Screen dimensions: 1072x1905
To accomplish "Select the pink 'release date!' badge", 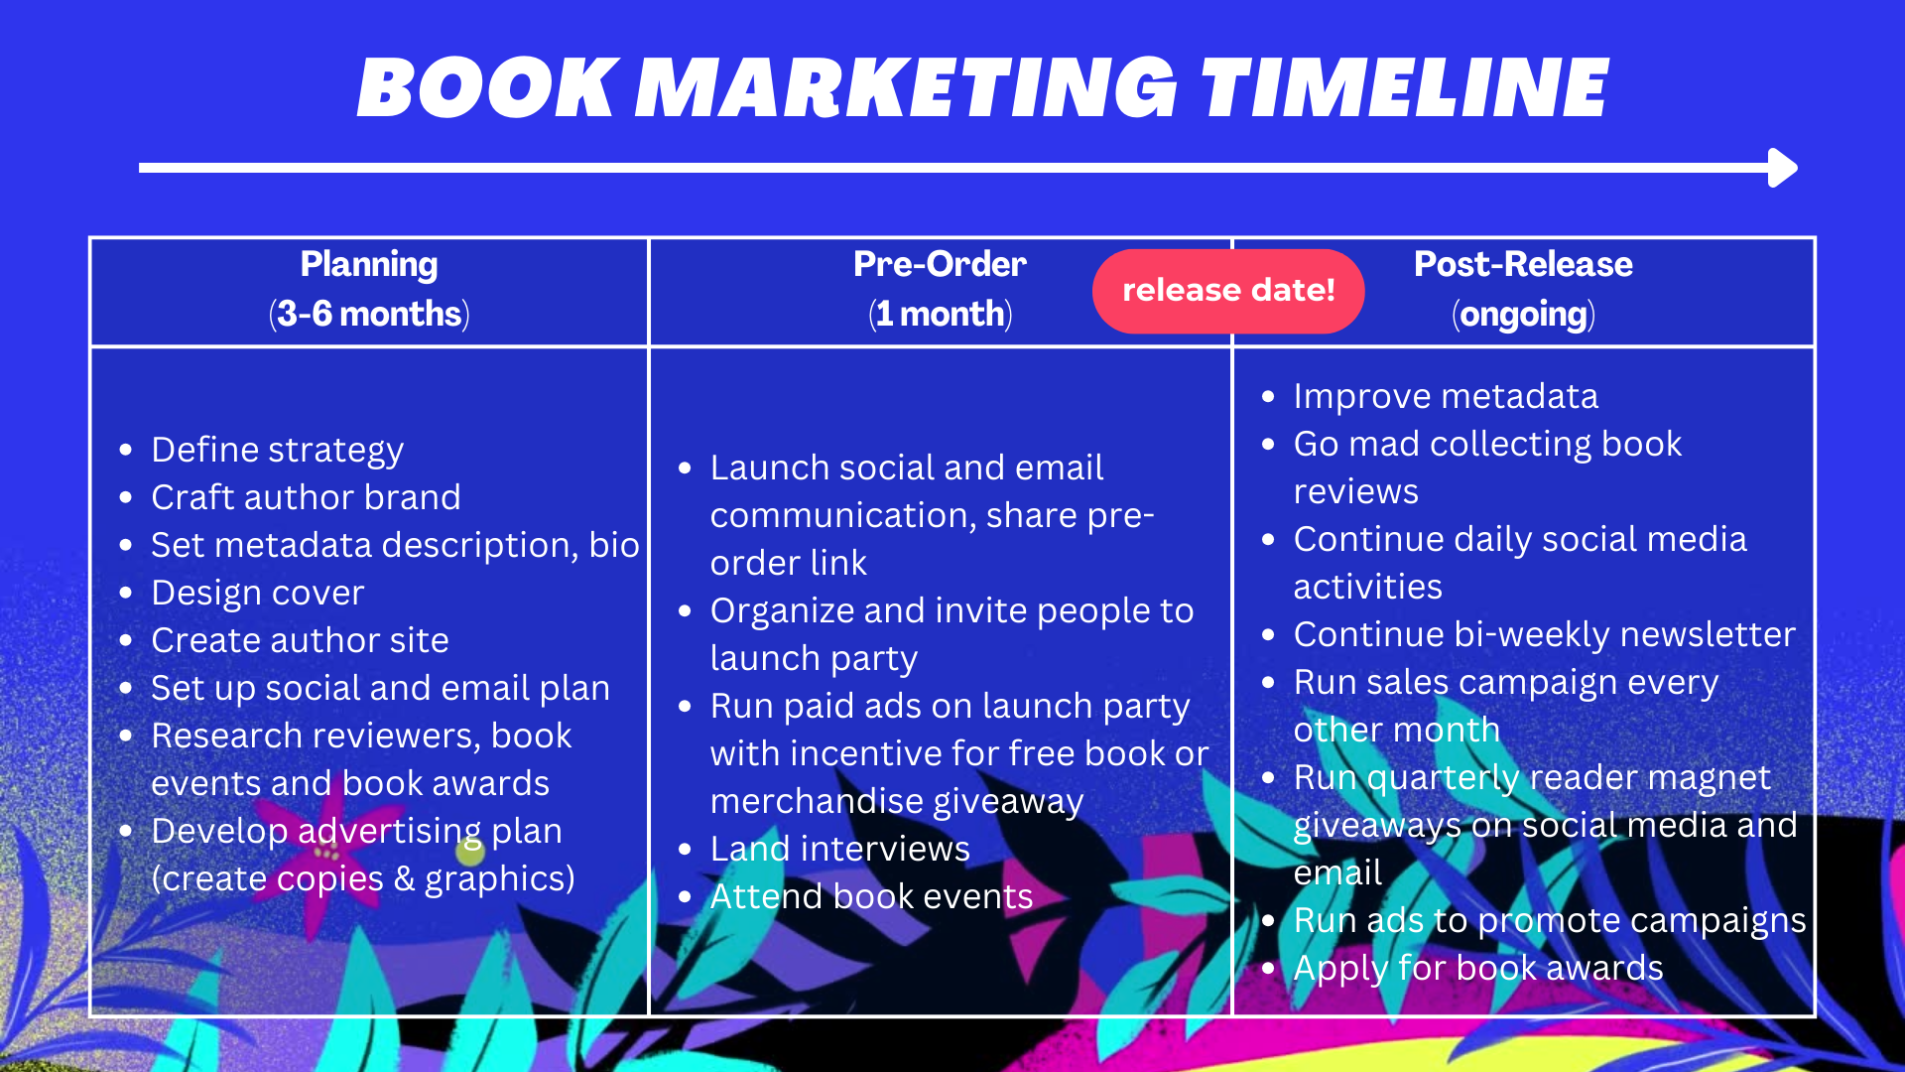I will pyautogui.click(x=1228, y=291).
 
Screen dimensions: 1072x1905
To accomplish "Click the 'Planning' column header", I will pyautogui.click(x=369, y=265).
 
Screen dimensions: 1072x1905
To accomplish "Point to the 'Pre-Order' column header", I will pyautogui.click(x=940, y=265).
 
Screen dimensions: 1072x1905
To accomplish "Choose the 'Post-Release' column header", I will pyautogui.click(x=1523, y=265).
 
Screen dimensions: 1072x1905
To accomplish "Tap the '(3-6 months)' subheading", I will pyautogui.click(x=369, y=315).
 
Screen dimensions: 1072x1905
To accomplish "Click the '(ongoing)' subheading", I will pyautogui.click(x=1523, y=315).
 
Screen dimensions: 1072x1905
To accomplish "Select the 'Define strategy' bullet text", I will pyautogui.click(x=278, y=451).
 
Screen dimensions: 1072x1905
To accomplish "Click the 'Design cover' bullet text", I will pyautogui.click(x=258, y=594).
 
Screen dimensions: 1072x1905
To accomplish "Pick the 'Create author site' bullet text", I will pyautogui.click(x=300, y=641).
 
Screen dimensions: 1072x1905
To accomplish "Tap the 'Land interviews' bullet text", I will pyautogui.click(x=840, y=850).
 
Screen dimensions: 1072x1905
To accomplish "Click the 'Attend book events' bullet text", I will pyautogui.click(x=871, y=897).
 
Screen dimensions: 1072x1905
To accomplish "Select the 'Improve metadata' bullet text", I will pyautogui.click(x=1446, y=397).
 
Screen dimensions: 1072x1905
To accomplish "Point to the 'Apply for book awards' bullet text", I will pyautogui.click(x=1478, y=969).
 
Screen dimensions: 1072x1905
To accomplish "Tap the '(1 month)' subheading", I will pyautogui.click(x=940, y=315).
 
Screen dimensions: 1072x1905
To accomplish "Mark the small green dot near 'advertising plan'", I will pyautogui.click(x=470, y=852).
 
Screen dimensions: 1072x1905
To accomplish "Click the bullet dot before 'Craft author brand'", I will pyautogui.click(x=126, y=498).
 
